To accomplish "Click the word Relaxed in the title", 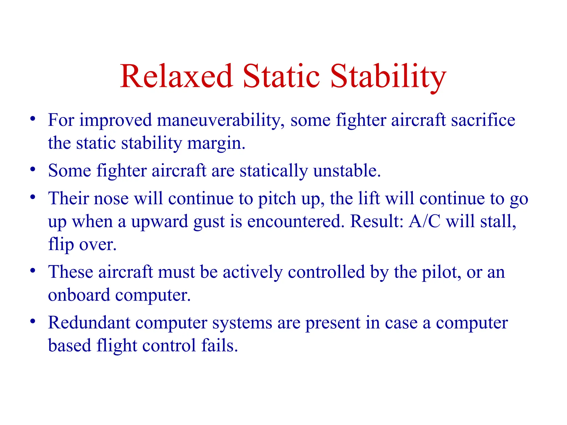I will (x=176, y=76).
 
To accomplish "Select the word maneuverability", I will (x=221, y=121).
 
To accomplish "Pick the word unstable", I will (x=347, y=170).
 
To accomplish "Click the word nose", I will (x=111, y=199).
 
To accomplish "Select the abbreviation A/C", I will (x=424, y=221).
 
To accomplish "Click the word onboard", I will (x=79, y=295).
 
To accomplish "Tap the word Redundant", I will (x=89, y=323).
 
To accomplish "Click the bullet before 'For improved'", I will (x=33, y=119).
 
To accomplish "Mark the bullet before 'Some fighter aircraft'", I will (x=33, y=169).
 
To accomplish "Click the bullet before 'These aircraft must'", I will (x=33, y=270).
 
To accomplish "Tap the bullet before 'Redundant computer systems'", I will (x=33, y=321).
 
